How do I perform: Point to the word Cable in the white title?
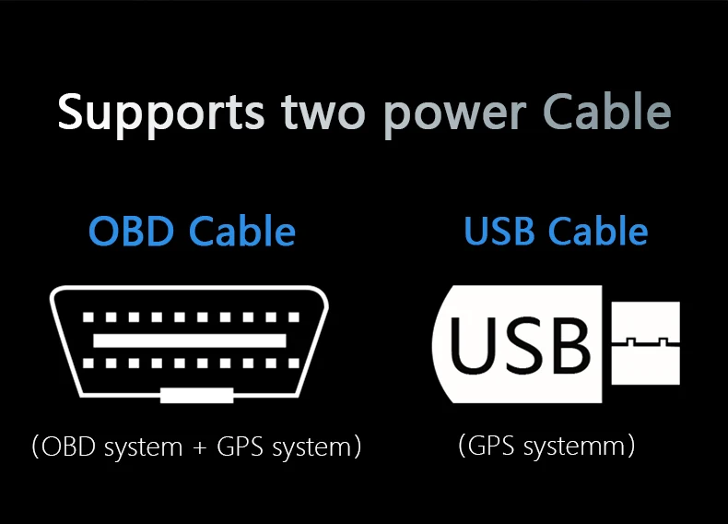pos(606,113)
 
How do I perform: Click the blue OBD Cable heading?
pos(192,232)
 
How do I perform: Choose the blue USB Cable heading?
pos(556,232)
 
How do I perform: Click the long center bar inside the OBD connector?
pos(190,340)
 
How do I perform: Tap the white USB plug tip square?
pos(646,343)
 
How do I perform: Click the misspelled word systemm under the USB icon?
pos(576,447)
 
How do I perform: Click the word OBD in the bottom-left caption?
pos(72,447)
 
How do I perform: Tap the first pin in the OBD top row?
pos(89,318)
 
